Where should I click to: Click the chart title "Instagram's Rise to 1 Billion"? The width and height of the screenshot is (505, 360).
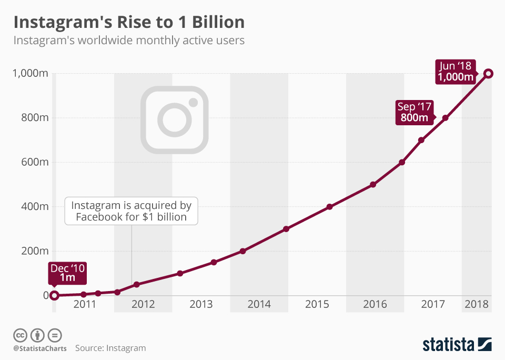(129, 22)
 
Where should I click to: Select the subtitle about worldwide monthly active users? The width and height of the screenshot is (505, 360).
(129, 41)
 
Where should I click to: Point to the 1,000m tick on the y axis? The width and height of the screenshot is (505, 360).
(30, 74)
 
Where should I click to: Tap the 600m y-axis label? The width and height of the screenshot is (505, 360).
(34, 162)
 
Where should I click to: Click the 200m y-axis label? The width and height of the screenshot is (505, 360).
(34, 251)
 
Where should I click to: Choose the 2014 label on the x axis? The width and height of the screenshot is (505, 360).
(259, 304)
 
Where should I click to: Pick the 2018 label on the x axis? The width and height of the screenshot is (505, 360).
(477, 304)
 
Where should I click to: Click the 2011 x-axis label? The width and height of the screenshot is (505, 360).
(85, 304)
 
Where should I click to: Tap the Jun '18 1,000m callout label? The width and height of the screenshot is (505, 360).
(456, 72)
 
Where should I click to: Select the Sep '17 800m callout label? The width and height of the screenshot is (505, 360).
(414, 112)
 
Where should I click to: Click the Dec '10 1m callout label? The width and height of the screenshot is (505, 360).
(67, 273)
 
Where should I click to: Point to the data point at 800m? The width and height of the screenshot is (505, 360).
(445, 118)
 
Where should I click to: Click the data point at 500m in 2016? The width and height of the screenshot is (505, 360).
(373, 185)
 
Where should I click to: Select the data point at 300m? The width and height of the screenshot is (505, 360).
(286, 229)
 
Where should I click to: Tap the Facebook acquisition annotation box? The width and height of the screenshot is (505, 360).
(131, 211)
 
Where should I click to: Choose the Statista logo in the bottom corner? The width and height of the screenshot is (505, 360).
(457, 345)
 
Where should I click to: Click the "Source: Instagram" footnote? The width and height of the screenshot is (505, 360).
(110, 348)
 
